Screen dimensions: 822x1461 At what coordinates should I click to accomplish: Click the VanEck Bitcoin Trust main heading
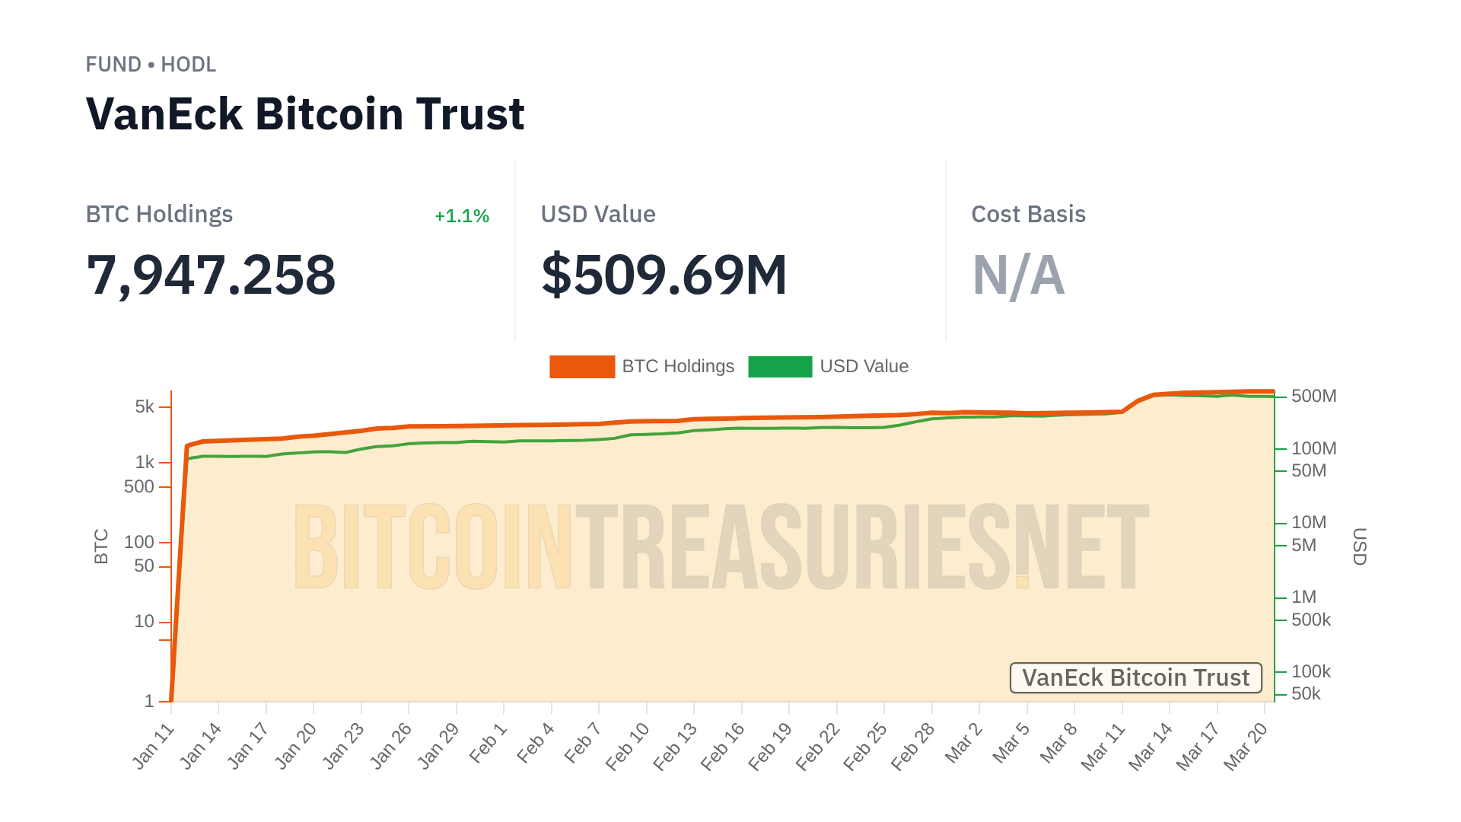305,114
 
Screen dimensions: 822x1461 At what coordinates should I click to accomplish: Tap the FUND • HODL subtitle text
151,65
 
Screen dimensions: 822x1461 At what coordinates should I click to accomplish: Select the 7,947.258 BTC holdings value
211,275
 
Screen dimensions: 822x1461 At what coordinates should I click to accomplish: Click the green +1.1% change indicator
461,216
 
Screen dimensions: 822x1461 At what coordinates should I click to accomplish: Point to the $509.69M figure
664,275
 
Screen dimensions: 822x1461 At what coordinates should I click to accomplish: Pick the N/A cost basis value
1018,275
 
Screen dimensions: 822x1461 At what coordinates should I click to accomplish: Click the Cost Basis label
1028,215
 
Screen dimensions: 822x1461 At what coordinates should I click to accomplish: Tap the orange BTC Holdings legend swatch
582,367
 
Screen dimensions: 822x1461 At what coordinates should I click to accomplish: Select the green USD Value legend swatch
780,367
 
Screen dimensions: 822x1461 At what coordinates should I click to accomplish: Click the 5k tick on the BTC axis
145,406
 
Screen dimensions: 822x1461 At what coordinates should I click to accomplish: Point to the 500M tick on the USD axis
1313,396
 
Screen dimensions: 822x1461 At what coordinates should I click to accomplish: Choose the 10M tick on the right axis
1308,522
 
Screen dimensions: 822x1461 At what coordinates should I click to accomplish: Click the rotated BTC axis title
101,546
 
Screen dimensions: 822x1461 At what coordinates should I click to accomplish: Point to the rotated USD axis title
1359,546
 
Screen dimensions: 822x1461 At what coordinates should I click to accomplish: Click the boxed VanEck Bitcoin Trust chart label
1135,677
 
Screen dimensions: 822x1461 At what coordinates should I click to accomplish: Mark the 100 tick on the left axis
139,542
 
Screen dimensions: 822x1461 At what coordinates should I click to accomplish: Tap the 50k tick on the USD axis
1306,693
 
